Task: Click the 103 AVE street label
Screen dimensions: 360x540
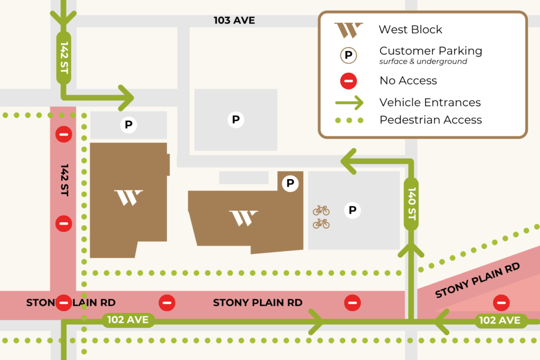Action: pyautogui.click(x=234, y=21)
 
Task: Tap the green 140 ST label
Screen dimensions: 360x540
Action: pyautogui.click(x=412, y=203)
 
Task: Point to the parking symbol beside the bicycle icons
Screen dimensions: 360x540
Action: pyautogui.click(x=352, y=211)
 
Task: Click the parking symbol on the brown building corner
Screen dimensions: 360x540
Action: pyautogui.click(x=290, y=183)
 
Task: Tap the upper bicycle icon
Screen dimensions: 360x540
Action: pyautogui.click(x=321, y=211)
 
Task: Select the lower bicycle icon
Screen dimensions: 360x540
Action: pyautogui.click(x=321, y=224)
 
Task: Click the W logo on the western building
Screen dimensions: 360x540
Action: pyautogui.click(x=129, y=198)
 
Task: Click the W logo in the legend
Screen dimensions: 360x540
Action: pyautogui.click(x=349, y=30)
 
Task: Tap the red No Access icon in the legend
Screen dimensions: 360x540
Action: pyautogui.click(x=349, y=81)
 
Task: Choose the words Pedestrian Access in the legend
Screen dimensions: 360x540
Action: pyautogui.click(x=430, y=120)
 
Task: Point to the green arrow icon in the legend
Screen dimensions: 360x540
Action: pyautogui.click(x=349, y=102)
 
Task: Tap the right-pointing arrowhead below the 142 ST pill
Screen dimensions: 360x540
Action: pyautogui.click(x=127, y=98)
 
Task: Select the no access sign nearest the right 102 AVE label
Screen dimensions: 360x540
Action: pyautogui.click(x=500, y=303)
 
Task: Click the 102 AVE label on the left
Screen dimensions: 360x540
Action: pyautogui.click(x=128, y=319)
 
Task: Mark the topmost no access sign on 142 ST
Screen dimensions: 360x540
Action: pyautogui.click(x=64, y=134)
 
